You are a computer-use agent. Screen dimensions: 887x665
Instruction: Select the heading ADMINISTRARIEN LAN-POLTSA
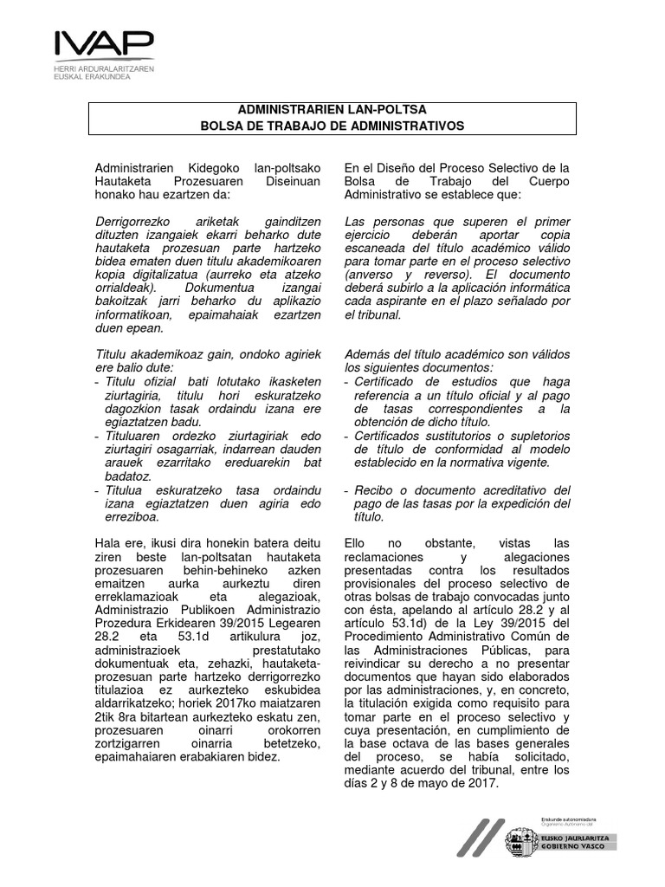[332, 110]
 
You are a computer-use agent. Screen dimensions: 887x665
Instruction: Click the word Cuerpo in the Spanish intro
[548, 181]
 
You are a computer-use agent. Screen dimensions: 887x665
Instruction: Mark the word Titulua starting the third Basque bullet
[124, 490]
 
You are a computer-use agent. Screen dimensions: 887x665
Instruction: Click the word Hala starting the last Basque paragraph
[108, 542]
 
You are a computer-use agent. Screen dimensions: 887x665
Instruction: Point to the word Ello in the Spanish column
[357, 542]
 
